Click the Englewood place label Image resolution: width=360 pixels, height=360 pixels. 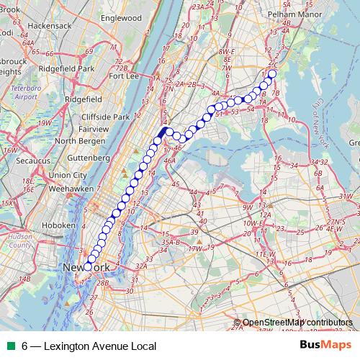tap(121, 17)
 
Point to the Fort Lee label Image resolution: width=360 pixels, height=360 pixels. tap(124, 75)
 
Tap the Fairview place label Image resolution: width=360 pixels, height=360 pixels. tap(94, 129)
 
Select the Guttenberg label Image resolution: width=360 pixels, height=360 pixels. tap(86, 156)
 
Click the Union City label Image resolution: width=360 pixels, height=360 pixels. tap(69, 175)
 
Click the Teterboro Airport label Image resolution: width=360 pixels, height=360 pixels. tap(24, 91)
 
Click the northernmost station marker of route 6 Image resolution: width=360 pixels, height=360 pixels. tap(271, 73)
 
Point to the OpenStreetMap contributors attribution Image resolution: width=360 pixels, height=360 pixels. tap(297, 322)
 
